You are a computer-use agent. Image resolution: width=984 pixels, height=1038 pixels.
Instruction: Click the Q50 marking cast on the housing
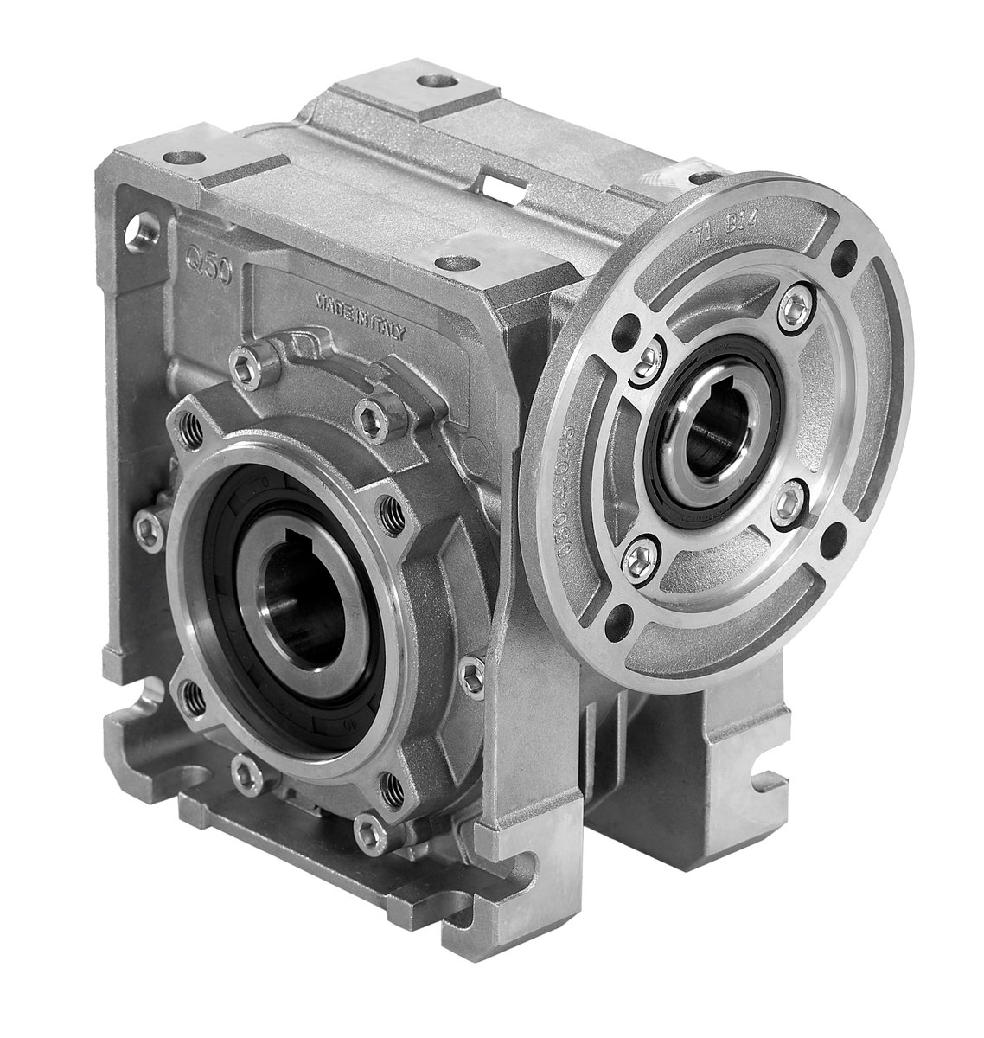click(204, 254)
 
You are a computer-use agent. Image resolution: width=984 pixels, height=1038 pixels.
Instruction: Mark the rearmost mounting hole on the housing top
click(430, 84)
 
